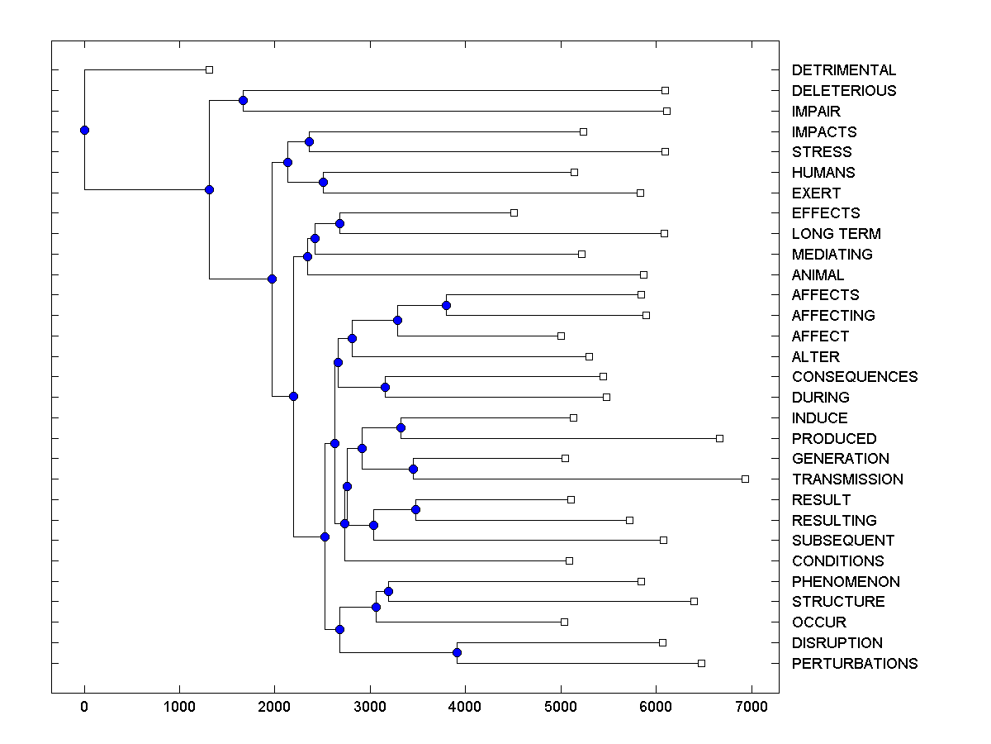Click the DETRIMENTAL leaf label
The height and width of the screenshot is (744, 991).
(x=843, y=70)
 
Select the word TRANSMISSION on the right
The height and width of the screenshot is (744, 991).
(x=847, y=479)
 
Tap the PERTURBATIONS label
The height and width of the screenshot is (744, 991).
(x=854, y=664)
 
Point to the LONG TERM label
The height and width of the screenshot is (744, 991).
(x=836, y=234)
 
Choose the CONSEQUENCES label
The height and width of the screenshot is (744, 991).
(x=854, y=377)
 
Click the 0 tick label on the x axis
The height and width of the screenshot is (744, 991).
(x=84, y=708)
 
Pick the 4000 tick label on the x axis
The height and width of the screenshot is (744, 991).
(x=465, y=708)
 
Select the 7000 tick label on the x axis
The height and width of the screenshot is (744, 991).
(x=752, y=708)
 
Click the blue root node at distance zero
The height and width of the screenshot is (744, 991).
(x=84, y=130)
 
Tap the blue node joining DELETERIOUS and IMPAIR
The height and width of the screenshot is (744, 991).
(x=243, y=101)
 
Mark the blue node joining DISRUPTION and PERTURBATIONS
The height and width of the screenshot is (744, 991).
(x=457, y=653)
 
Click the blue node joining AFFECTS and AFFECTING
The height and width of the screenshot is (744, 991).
(x=446, y=306)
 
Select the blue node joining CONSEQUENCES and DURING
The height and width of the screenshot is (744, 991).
(x=385, y=387)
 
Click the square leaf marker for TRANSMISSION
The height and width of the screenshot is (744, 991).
(x=745, y=479)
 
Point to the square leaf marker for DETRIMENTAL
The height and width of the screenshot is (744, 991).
(x=209, y=70)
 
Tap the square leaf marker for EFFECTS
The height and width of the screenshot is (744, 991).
(x=514, y=213)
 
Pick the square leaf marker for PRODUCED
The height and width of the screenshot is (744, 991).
(x=719, y=438)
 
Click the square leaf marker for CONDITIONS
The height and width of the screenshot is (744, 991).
(x=569, y=560)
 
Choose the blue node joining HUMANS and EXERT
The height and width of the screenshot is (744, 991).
(x=324, y=183)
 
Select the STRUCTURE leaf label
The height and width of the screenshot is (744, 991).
(x=837, y=602)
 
